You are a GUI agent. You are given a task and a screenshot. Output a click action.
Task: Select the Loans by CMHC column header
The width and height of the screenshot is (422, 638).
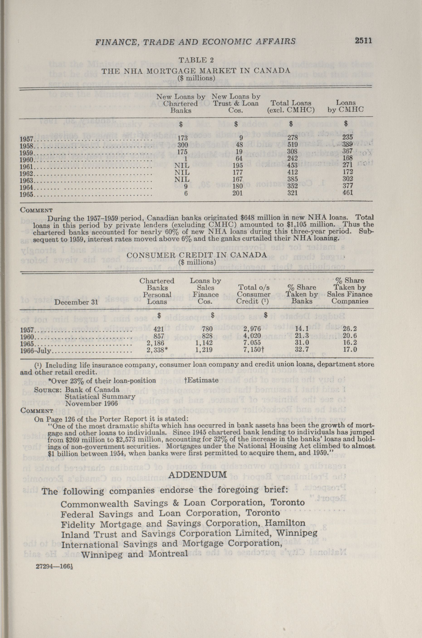tap(346, 106)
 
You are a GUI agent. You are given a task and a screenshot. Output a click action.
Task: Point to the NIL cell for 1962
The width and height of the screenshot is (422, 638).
tap(182, 172)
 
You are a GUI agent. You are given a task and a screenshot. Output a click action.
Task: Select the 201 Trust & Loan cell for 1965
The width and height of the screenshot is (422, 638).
tap(237, 193)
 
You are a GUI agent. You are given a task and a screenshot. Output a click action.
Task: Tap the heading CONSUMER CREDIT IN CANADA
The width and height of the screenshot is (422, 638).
tap(197, 255)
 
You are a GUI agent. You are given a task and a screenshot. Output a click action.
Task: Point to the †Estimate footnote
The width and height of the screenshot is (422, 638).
tap(202, 380)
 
